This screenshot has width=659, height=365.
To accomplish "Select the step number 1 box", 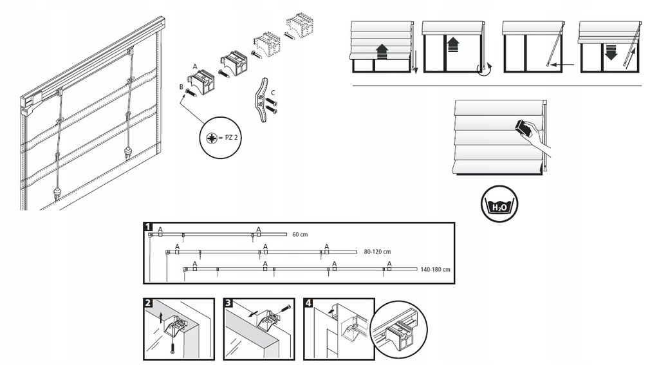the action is (149, 227).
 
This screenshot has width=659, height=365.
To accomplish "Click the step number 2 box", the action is (149, 303).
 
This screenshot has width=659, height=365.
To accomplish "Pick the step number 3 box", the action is (228, 303).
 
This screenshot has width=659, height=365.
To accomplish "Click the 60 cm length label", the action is (300, 234).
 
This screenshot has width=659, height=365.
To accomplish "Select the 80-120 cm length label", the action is (377, 252).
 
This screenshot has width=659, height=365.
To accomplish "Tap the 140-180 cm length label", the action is (435, 269).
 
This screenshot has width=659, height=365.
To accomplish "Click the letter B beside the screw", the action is (181, 86).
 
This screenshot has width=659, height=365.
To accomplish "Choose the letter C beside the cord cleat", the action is (274, 91).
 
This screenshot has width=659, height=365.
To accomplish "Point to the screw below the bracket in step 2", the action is (172, 348).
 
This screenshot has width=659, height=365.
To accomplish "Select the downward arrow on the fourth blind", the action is (610, 52).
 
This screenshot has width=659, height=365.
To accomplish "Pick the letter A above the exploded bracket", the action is (195, 66).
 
